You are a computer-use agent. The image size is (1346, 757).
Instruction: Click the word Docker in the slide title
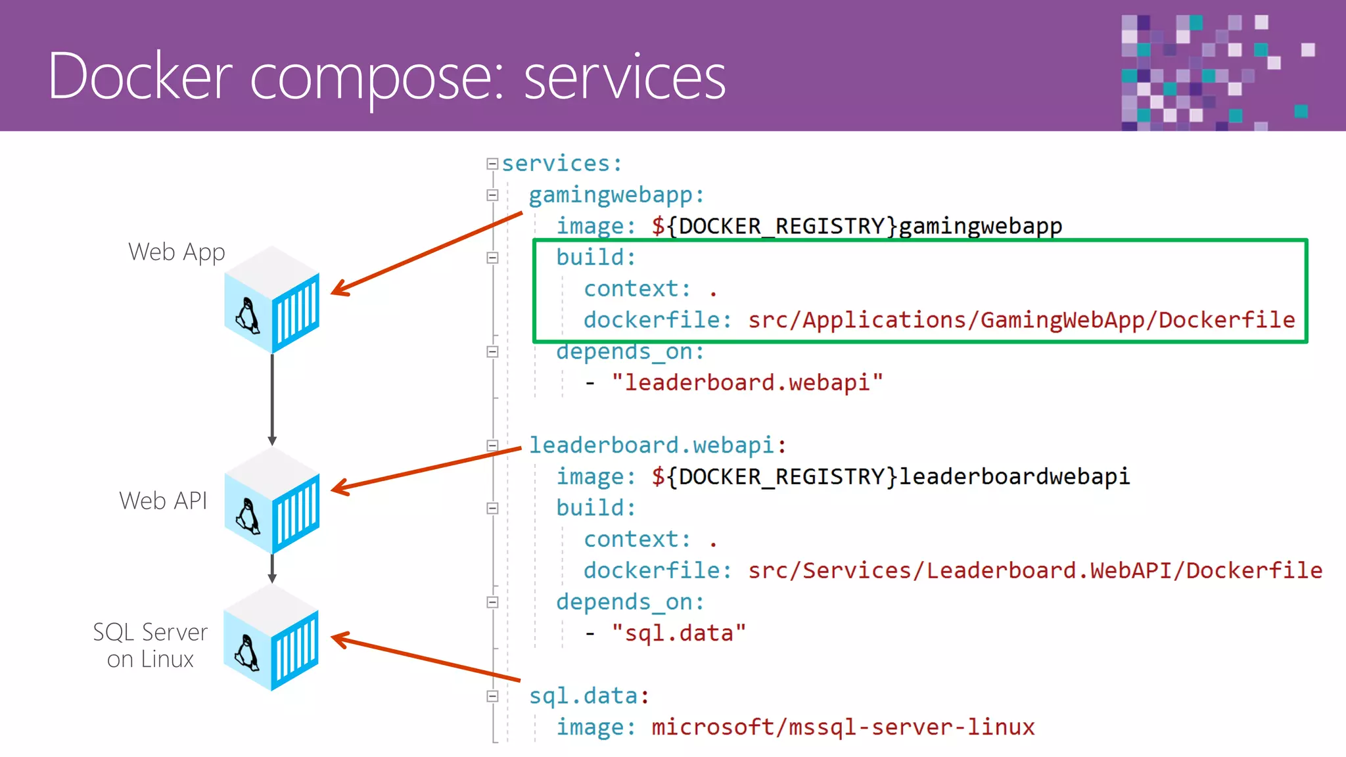coord(140,77)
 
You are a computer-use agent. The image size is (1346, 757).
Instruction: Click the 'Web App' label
coord(176,252)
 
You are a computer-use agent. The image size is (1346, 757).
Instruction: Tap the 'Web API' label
coord(163,501)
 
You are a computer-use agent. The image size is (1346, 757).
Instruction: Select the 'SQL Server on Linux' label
coord(151,645)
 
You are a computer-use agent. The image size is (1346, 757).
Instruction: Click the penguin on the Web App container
coord(248,316)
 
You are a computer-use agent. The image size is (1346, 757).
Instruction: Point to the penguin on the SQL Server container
coord(247,653)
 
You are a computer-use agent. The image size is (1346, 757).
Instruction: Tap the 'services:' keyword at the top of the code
coord(562,164)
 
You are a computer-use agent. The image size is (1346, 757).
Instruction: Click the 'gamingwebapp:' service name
coord(616,195)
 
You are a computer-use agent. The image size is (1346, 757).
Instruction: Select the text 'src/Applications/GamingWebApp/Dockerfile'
coord(1021,320)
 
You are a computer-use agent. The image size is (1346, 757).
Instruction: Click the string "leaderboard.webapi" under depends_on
coord(747,382)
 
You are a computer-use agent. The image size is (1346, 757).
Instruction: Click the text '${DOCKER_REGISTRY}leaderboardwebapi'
coord(891,476)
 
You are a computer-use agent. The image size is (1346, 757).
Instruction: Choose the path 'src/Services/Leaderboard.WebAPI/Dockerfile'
coord(1035,570)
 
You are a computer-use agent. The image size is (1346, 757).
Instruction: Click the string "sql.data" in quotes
coord(678,633)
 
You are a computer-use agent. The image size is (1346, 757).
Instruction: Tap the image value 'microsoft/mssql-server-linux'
coord(843,727)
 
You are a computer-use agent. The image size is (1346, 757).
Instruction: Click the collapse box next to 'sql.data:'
coord(492,697)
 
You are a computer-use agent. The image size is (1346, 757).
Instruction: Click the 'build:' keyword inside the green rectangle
coord(595,258)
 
